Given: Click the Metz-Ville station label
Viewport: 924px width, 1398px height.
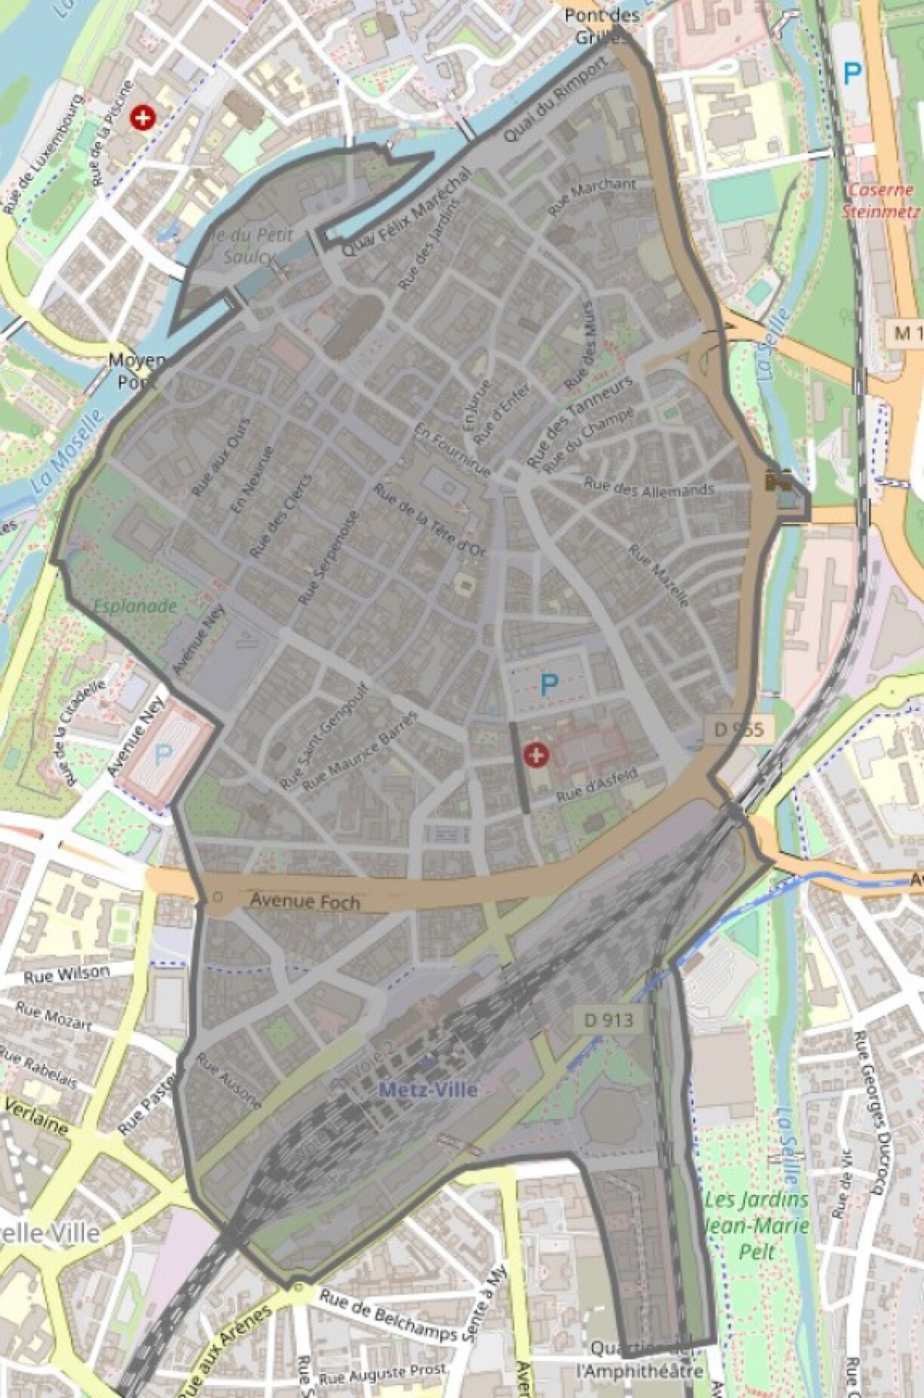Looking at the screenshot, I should [x=428, y=1089].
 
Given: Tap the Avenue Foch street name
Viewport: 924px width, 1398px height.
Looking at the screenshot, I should [x=305, y=901].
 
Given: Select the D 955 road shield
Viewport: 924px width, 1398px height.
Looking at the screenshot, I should [x=739, y=729].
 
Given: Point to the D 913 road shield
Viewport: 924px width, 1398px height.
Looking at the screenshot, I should [x=608, y=1020].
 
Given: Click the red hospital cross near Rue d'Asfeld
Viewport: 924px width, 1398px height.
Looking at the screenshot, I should [x=537, y=754].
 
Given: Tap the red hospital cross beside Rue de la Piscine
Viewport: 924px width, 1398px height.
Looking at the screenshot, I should [x=141, y=118].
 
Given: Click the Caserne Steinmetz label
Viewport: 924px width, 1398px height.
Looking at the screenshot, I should [x=881, y=200].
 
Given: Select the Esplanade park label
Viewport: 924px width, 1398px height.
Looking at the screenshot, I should [x=136, y=605].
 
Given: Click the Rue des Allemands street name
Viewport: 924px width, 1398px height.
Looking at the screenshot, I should [x=648, y=488].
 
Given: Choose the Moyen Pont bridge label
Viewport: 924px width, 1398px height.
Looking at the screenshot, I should [x=137, y=371].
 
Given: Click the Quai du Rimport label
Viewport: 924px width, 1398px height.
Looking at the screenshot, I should [x=554, y=100].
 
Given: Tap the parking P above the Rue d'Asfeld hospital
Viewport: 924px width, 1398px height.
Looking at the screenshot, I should [x=549, y=685].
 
